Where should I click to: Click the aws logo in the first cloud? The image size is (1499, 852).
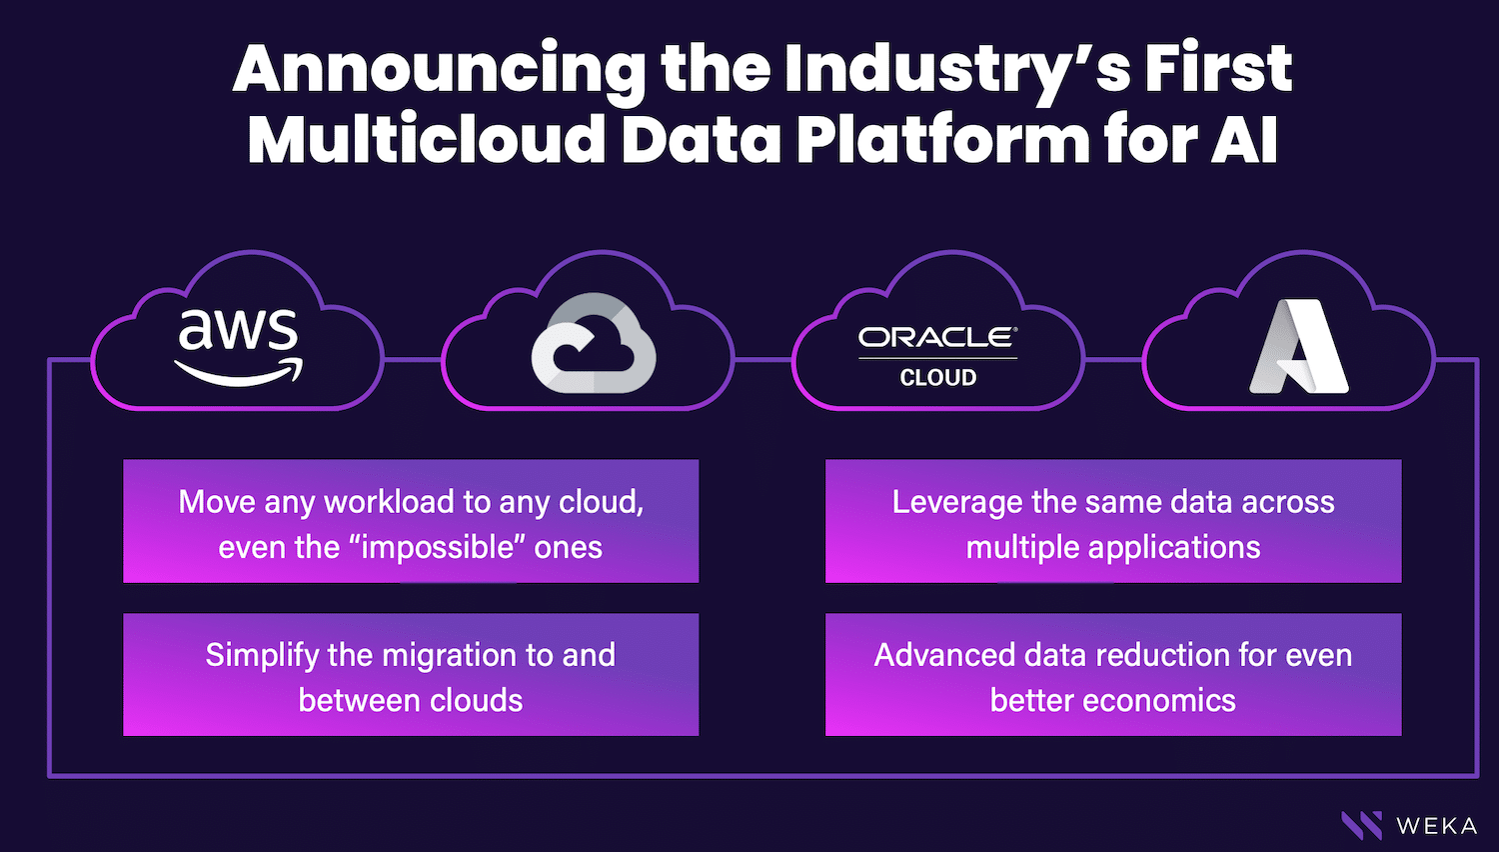point(238,346)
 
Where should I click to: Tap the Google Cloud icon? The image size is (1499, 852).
point(593,343)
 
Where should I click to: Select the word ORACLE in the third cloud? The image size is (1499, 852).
point(937,338)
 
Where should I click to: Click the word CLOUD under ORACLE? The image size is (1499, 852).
point(938,378)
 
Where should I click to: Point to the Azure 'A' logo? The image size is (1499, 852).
point(1299,346)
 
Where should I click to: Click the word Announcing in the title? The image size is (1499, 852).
point(440,70)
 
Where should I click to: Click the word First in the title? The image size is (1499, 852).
point(1218,68)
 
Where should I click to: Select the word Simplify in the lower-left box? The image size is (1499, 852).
point(262,656)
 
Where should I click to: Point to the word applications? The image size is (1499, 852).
point(1174,548)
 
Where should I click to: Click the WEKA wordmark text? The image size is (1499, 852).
point(1437,826)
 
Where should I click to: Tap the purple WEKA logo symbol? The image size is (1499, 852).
point(1362,825)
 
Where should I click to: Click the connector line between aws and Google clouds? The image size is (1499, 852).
point(412,360)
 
